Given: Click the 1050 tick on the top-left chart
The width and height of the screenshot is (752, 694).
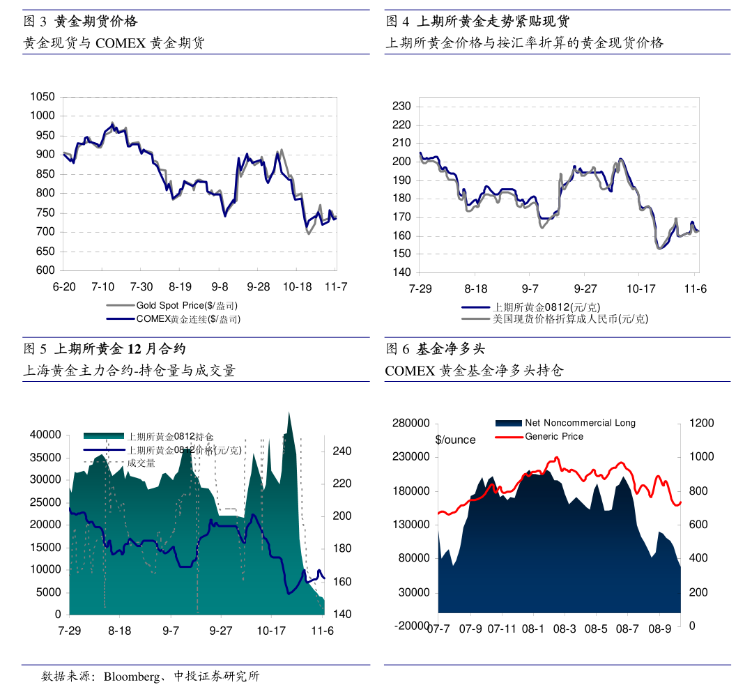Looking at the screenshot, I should (x=43, y=96).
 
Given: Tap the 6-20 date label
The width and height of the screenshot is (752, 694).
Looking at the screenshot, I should (x=64, y=287).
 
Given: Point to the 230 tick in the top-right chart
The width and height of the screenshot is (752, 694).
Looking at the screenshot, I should (x=402, y=107).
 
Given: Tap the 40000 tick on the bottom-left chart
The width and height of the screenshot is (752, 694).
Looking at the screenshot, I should (x=47, y=434).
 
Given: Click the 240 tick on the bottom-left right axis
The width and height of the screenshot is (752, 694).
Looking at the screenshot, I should (x=341, y=452).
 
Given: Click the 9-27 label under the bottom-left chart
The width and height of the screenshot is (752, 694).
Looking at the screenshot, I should (x=221, y=631).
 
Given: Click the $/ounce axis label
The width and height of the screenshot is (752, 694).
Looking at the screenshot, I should (x=455, y=440).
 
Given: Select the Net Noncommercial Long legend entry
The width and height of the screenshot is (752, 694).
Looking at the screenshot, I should (x=580, y=423).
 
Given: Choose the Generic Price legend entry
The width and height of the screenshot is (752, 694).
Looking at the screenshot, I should (x=554, y=436).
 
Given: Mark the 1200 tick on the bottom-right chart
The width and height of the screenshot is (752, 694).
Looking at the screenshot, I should (x=702, y=423).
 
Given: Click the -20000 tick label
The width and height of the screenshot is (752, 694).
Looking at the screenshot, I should (x=413, y=626).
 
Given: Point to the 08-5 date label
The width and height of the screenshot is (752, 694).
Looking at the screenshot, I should (x=596, y=629).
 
